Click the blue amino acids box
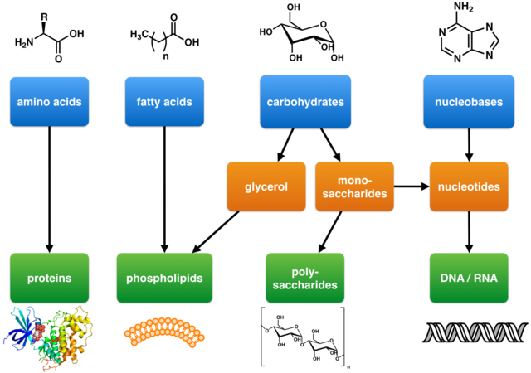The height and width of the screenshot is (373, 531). [x=50, y=103]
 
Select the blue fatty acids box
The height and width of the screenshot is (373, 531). [x=164, y=103]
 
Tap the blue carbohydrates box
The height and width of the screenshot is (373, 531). [x=306, y=103]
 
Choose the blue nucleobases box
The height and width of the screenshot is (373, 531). [x=471, y=103]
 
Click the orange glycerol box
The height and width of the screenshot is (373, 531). [x=266, y=186]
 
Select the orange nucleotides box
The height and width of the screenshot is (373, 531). [x=470, y=186]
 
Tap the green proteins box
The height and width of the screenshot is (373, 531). [x=50, y=279]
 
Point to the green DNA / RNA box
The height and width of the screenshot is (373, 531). [x=470, y=279]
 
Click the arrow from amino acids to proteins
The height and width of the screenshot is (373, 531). [x=50, y=191]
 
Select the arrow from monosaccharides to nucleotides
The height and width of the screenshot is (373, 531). [x=411, y=186]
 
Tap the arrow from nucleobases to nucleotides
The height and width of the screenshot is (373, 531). [x=470, y=145]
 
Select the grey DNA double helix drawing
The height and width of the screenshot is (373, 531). [x=470, y=332]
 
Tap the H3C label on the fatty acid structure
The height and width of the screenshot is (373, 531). [x=140, y=34]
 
